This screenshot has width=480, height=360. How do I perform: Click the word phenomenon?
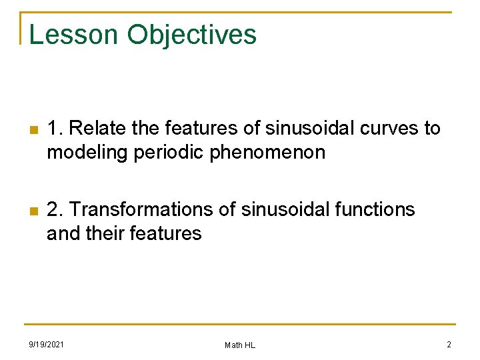pyautogui.click(x=268, y=153)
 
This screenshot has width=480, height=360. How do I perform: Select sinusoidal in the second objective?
pyautogui.click(x=275, y=209)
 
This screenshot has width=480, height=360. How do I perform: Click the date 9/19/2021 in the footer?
pyautogui.click(x=46, y=344)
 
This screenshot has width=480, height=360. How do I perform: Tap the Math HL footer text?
pyautogui.click(x=240, y=345)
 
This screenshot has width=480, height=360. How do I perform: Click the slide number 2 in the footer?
pyautogui.click(x=449, y=344)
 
